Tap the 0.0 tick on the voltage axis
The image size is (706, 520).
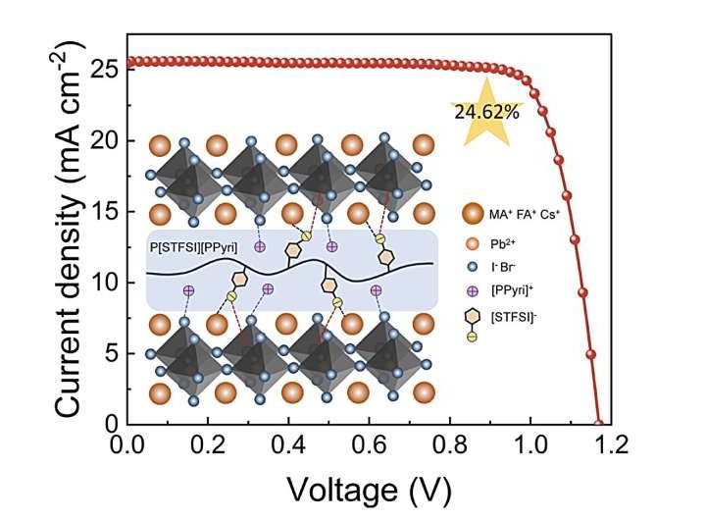[127, 445]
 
